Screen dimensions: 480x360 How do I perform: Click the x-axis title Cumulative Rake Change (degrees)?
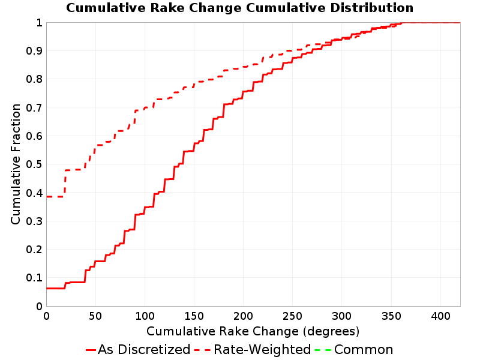tap(253, 331)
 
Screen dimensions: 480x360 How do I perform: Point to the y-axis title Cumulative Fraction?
tap(16, 164)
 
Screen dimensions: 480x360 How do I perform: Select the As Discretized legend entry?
tap(138, 349)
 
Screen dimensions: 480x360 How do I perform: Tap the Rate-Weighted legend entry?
tap(253, 349)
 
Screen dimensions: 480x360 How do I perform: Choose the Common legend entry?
tap(354, 349)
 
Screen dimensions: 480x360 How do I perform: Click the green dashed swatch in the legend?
tap(323, 350)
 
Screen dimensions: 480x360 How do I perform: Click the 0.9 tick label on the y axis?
tap(34, 51)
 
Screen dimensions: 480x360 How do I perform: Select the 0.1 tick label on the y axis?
tap(34, 278)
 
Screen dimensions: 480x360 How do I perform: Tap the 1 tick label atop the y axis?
tap(39, 23)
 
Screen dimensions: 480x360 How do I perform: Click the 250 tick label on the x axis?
tap(292, 316)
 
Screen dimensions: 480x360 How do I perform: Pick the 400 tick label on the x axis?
tap(440, 316)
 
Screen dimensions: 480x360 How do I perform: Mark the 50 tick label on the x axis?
tap(95, 316)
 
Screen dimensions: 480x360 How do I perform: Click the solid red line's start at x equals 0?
tap(47, 289)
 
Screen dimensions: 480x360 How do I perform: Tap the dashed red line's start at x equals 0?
tap(47, 197)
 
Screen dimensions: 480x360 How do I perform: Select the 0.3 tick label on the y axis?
tap(34, 221)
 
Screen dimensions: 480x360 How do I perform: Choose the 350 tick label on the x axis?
tap(391, 316)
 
